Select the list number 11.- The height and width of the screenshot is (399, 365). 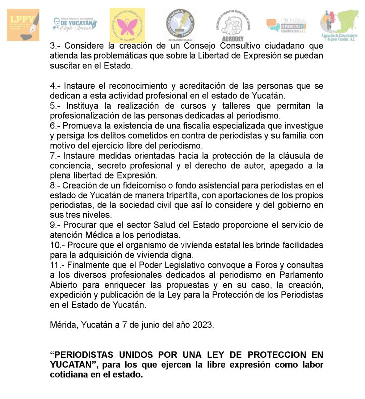[58, 265]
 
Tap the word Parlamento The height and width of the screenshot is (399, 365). [296, 275]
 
